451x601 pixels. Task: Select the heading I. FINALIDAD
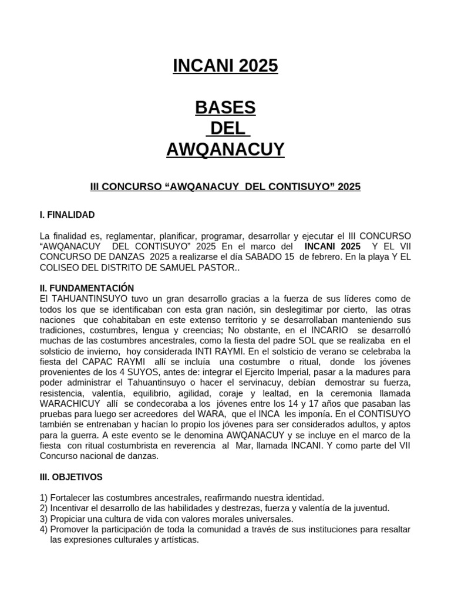67,215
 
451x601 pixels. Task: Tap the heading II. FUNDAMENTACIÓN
87,288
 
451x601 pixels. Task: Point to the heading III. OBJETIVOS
71,477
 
